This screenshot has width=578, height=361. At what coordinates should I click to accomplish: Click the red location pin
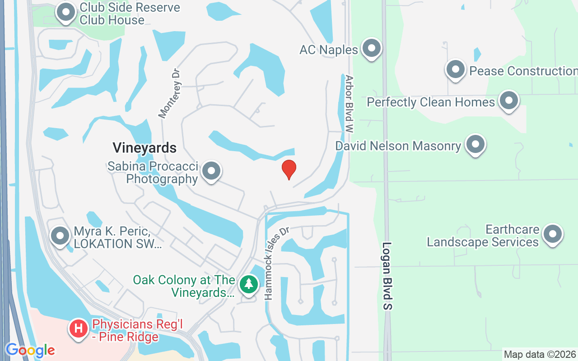tap(289, 170)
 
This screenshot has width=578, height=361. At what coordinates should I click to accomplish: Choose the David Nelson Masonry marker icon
tap(475, 145)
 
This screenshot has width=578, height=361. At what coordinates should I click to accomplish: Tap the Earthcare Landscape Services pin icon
tap(553, 234)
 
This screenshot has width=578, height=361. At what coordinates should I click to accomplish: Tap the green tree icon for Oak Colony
tap(248, 284)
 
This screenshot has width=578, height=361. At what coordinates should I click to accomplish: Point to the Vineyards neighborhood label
tap(144, 148)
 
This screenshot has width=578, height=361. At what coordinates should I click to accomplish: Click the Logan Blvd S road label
tap(388, 276)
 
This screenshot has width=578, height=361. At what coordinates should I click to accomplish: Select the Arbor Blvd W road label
tap(349, 104)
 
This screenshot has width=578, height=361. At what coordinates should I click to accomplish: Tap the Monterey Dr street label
tap(170, 93)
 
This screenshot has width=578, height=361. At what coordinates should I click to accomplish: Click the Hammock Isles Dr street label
tap(276, 263)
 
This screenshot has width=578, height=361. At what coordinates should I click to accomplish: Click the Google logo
tap(30, 350)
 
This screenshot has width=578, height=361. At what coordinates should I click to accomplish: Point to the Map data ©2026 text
tap(540, 354)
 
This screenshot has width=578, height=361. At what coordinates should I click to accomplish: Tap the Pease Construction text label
tap(523, 71)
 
